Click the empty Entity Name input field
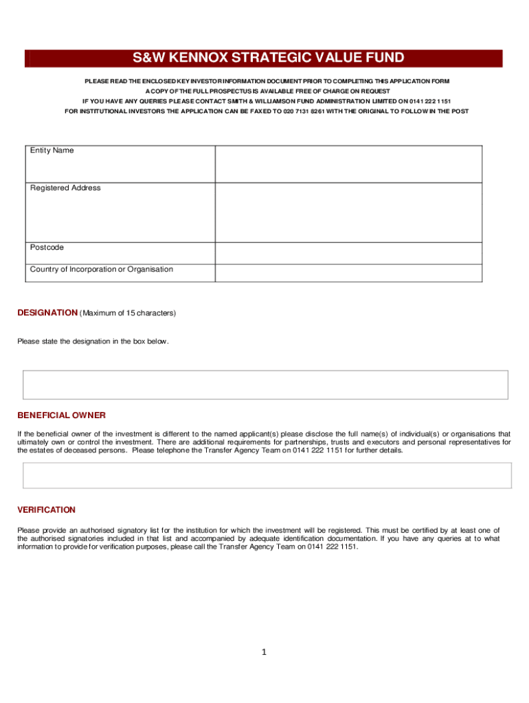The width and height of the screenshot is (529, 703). [x=348, y=163]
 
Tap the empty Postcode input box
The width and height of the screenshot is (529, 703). [x=348, y=253]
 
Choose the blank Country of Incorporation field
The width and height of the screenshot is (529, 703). [x=348, y=273]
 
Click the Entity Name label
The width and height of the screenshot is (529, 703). [x=52, y=150]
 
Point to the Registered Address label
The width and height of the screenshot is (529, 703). [x=65, y=188]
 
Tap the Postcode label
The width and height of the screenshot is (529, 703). [x=47, y=247]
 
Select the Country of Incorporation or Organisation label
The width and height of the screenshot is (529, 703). [x=102, y=269]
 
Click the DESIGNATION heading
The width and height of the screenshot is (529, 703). [x=47, y=313]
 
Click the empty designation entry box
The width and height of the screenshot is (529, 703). [x=265, y=384]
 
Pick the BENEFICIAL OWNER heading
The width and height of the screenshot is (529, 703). [x=61, y=415]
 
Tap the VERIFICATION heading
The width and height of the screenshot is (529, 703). [x=46, y=510]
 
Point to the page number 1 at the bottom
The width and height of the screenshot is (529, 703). [x=262, y=652]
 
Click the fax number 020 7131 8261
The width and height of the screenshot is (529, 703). [x=304, y=111]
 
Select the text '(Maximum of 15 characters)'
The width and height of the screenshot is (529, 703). [x=128, y=314]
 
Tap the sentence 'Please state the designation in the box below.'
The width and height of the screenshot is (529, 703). [x=93, y=342]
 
